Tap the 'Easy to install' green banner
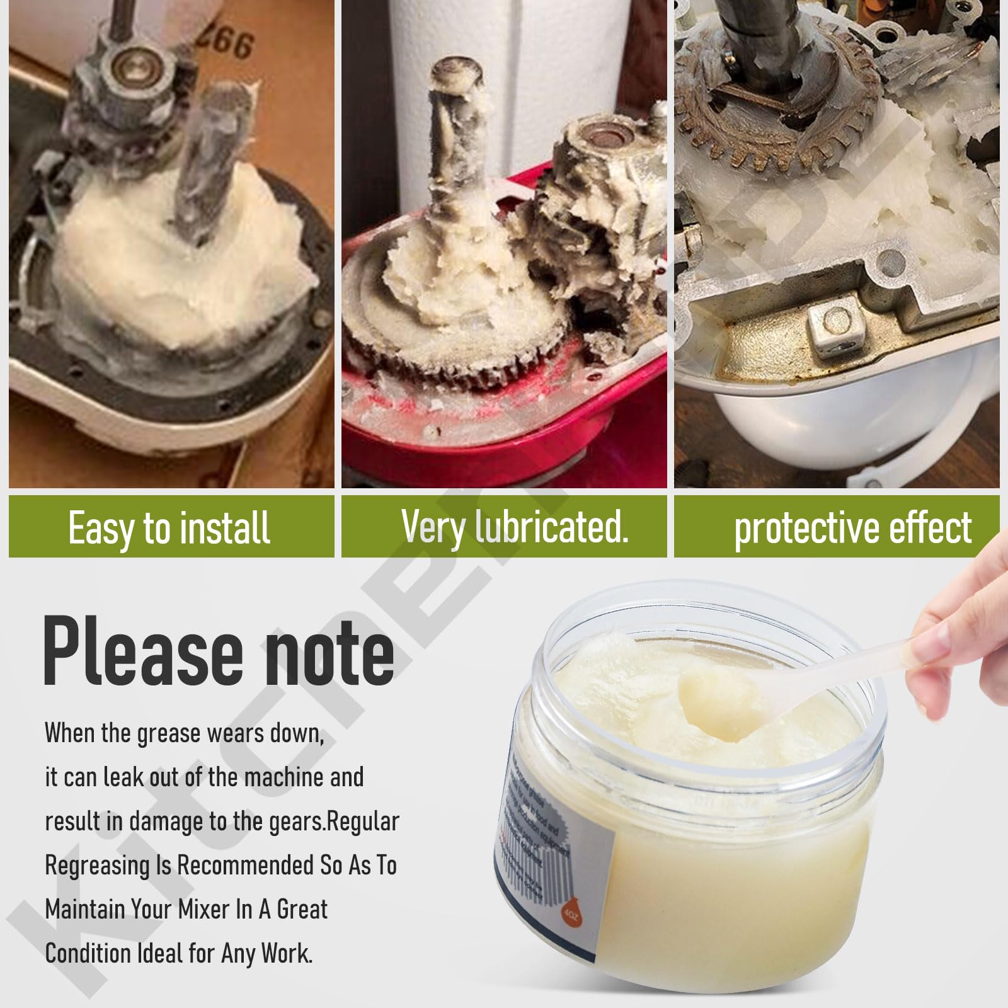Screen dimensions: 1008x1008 170,527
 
